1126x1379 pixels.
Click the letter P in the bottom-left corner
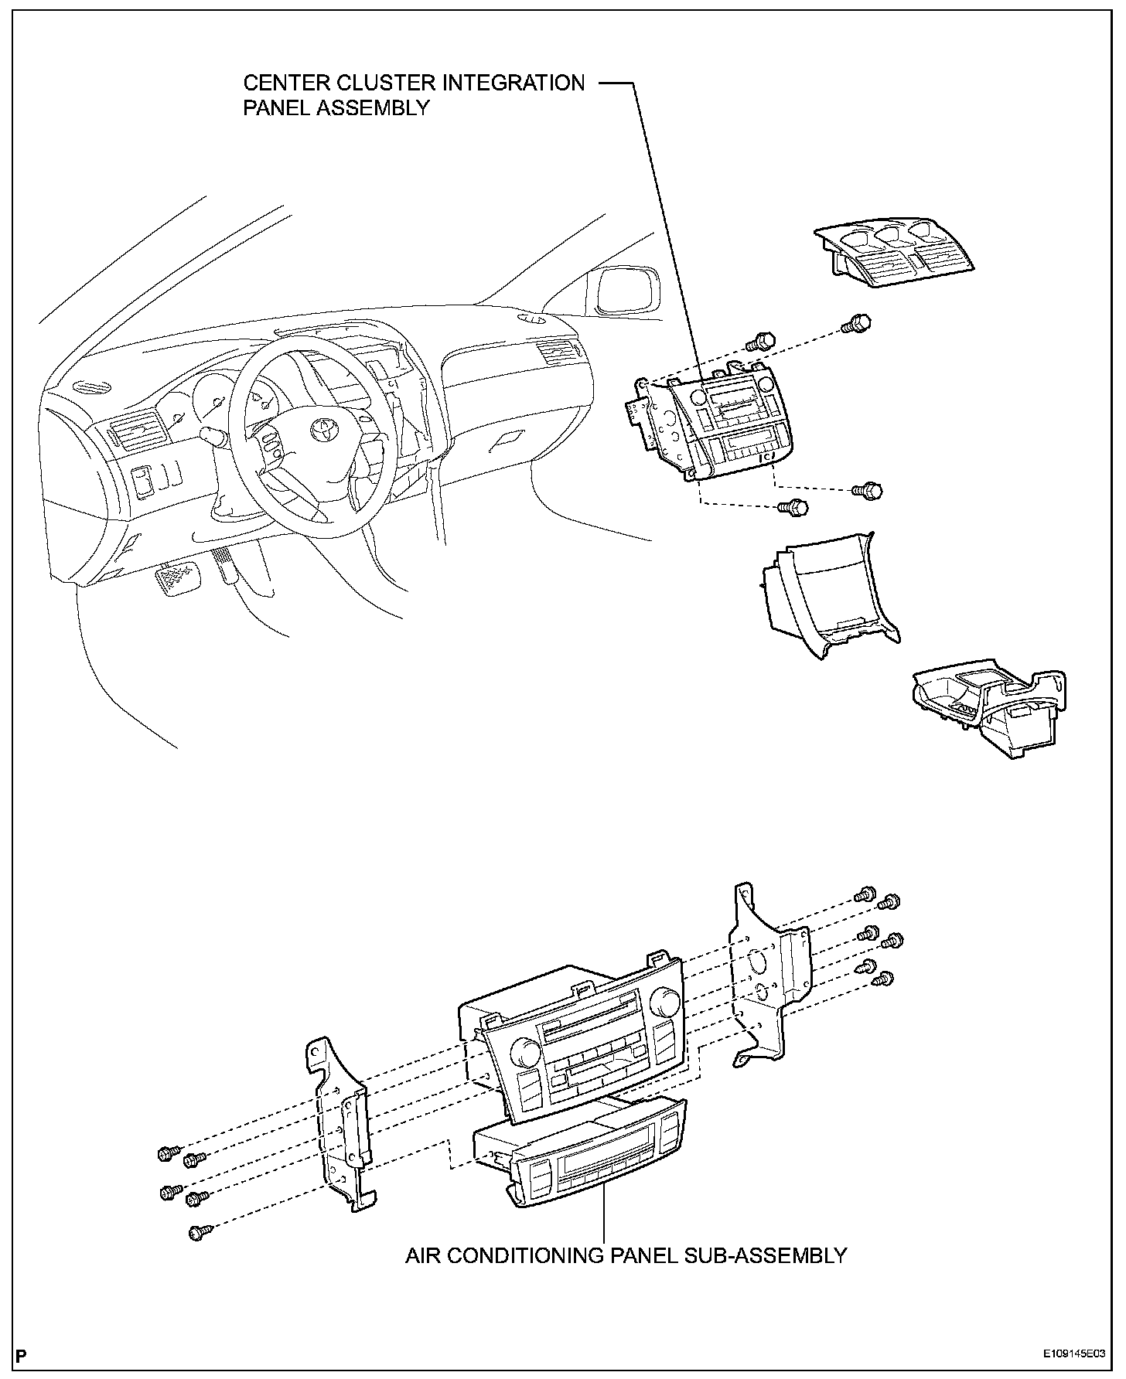pyautogui.click(x=21, y=1355)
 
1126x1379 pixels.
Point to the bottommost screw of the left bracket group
pyautogui.click(x=196, y=1232)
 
